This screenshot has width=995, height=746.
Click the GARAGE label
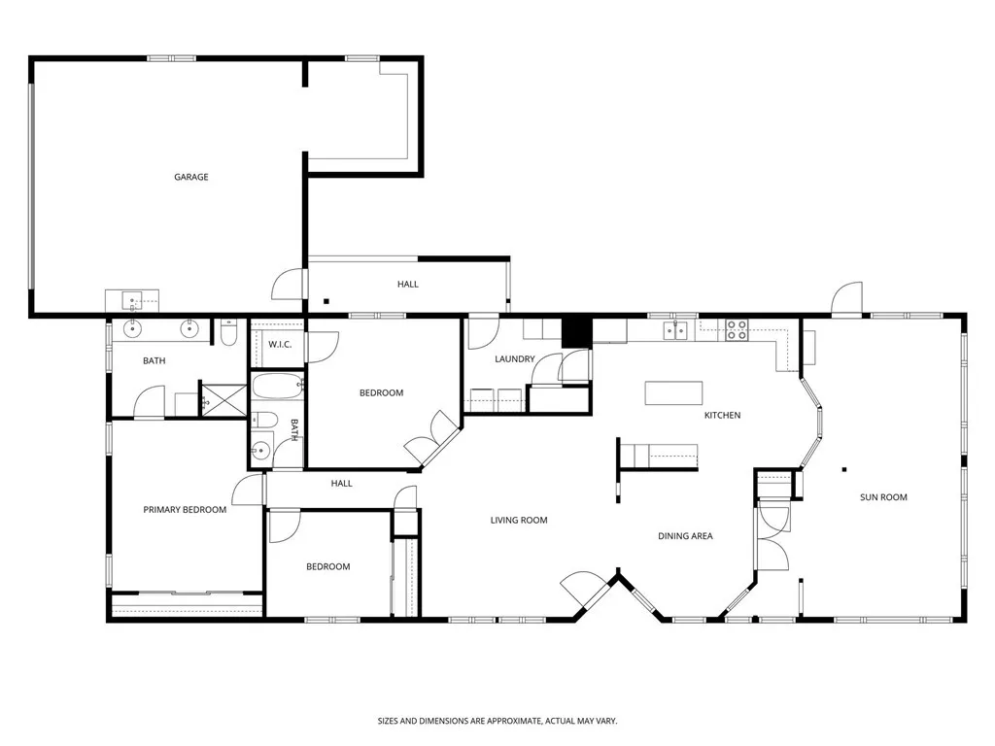point(190,177)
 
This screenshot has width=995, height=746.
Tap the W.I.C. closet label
point(281,345)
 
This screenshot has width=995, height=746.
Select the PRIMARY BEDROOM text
point(185,510)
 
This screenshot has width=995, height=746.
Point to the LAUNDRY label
point(514,359)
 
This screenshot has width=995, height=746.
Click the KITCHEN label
point(722,416)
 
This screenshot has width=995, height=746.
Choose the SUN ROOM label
point(883,497)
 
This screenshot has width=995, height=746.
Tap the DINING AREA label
point(686,536)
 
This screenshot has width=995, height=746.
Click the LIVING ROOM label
point(518,521)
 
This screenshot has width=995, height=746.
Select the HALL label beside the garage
point(407,285)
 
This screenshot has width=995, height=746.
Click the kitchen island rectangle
point(673,393)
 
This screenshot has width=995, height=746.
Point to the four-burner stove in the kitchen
point(737,329)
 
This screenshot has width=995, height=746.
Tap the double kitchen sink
point(677,331)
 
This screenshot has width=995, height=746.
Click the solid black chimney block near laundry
point(576,332)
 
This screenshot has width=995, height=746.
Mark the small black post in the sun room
point(844,470)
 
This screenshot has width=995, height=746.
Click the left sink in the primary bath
point(133,329)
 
